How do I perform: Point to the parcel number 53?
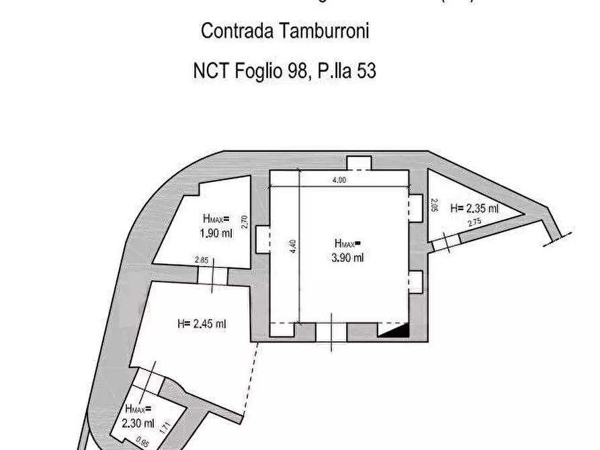point(366,71)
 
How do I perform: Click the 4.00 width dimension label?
point(339,180)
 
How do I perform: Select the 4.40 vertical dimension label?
point(293,246)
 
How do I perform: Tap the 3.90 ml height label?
point(348,257)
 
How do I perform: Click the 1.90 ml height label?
point(215,234)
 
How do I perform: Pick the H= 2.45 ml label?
point(202,324)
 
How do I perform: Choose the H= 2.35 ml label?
point(474,208)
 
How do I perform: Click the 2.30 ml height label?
point(138,424)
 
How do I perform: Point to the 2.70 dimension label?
point(245,222)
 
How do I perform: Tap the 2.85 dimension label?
point(201,260)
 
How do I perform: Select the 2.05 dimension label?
point(435,206)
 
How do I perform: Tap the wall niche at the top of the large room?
point(358,163)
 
